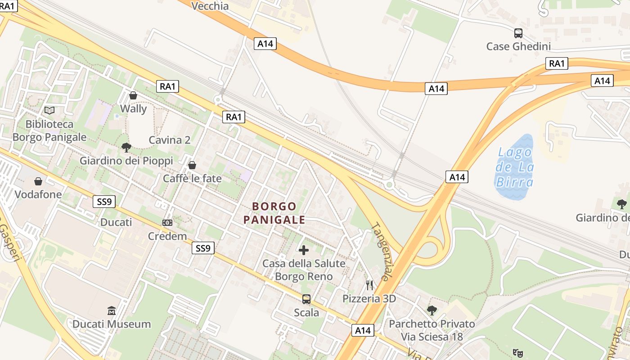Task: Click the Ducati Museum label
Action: (x=112, y=324)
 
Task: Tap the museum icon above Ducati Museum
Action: (x=112, y=310)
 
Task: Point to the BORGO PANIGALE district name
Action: (x=274, y=213)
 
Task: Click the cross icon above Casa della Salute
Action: (x=304, y=250)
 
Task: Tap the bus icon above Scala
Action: (x=306, y=299)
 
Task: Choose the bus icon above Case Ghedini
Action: (x=518, y=33)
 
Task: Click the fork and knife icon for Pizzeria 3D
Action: (x=369, y=285)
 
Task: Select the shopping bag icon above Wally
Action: (x=133, y=95)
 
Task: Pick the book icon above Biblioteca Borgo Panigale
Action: (x=49, y=110)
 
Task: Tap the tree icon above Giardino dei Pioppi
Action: (x=126, y=147)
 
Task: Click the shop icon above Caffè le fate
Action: (x=192, y=165)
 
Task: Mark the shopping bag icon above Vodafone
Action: (x=38, y=181)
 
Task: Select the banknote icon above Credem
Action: (x=167, y=223)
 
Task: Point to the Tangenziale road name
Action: (x=381, y=252)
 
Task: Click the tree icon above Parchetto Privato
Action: (x=432, y=310)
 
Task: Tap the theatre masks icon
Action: (x=517, y=353)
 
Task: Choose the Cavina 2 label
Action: (x=170, y=140)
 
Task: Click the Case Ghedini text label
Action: (x=518, y=46)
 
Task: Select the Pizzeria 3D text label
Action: (x=369, y=299)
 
